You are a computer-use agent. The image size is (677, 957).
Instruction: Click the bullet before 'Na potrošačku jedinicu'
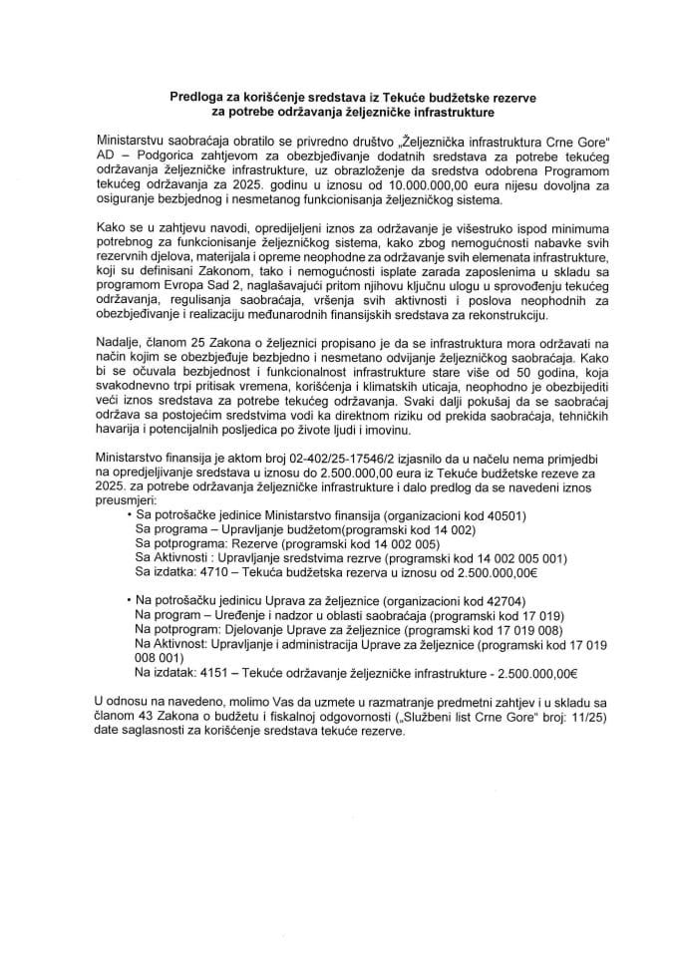click(x=127, y=604)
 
